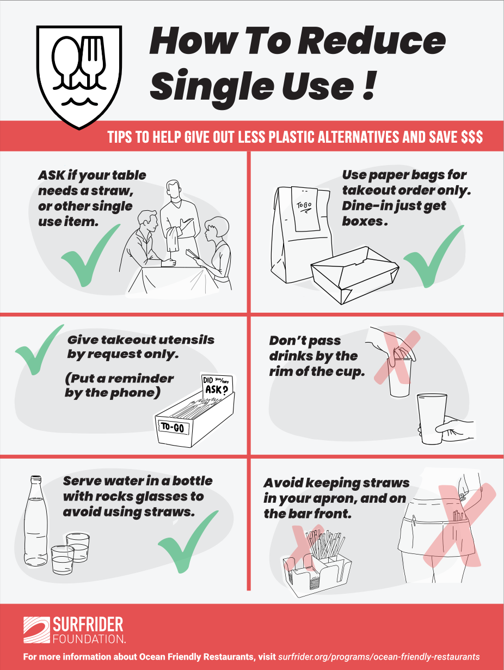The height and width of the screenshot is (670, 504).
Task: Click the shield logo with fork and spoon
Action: [x=79, y=76]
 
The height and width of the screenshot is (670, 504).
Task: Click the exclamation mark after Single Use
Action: [x=369, y=86]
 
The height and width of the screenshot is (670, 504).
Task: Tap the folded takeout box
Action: [x=355, y=275]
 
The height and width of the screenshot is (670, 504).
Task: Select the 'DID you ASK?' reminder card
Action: [x=217, y=385]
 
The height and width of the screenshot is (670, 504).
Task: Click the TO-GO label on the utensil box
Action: [x=173, y=428]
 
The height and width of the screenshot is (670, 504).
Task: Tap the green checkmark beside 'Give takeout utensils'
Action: [x=38, y=350]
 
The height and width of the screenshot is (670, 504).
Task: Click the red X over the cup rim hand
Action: [x=397, y=355]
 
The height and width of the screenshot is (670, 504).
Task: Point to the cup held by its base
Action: [x=432, y=418]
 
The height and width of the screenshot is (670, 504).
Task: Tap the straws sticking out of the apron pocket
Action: [x=458, y=516]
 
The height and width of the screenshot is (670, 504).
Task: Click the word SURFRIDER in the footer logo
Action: [x=88, y=624]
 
